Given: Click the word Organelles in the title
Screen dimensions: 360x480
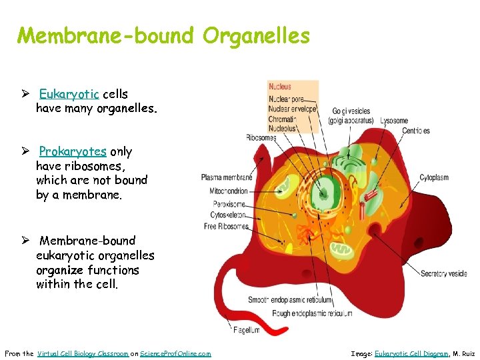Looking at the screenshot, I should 257,35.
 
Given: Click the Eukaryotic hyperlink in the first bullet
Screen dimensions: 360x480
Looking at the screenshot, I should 73,94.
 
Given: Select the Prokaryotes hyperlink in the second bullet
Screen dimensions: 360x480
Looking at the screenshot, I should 73,151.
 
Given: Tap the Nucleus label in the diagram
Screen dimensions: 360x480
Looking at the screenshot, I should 280,86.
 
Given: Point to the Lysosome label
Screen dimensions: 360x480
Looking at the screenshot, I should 393,121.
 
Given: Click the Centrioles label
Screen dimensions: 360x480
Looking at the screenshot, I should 416,131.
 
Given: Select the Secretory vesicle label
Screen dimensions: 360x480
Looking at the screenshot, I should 443,273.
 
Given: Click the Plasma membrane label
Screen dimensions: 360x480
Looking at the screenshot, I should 227,177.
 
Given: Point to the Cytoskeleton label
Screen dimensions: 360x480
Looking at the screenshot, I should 227,215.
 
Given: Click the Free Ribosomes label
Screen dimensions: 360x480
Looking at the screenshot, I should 225,227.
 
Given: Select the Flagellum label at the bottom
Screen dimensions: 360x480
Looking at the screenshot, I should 247,330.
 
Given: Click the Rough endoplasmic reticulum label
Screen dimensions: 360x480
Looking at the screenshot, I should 312,313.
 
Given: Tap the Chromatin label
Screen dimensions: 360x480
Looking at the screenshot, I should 282,119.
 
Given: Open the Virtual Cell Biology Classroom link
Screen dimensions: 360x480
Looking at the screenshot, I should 83,353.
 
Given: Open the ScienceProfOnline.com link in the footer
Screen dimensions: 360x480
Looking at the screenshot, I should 175,353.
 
